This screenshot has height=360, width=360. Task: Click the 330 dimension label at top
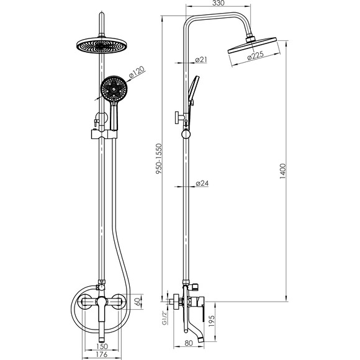(218, 3)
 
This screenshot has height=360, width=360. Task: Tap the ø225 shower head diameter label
(256, 56)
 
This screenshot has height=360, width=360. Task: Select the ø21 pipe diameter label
(201, 60)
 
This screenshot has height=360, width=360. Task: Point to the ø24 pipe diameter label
(202, 183)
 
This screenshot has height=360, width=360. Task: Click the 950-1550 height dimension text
(159, 159)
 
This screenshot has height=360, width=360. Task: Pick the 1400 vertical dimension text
(283, 171)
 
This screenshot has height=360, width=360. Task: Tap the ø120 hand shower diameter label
(137, 72)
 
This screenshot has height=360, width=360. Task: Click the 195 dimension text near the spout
(212, 321)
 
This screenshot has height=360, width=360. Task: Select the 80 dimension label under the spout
(189, 343)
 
